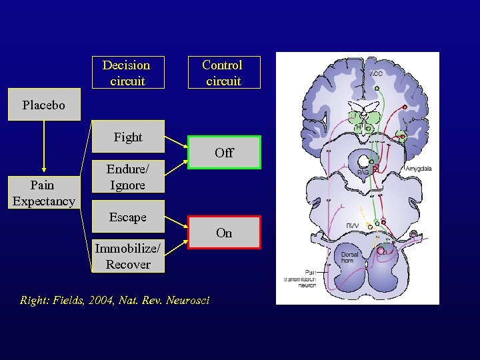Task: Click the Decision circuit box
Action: (x=127, y=73)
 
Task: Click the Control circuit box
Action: (x=223, y=73)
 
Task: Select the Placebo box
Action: (x=44, y=105)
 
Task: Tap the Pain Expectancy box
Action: (x=44, y=193)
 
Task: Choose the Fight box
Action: (x=127, y=137)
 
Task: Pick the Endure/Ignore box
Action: (x=127, y=177)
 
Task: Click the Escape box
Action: (x=127, y=217)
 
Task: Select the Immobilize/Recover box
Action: (x=127, y=256)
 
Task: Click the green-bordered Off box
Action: (x=224, y=153)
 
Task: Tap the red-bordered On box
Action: (x=224, y=233)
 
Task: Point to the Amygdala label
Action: (x=417, y=169)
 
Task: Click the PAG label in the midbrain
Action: (x=363, y=172)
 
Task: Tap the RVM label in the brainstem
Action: (x=353, y=227)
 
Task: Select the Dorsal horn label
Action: (x=350, y=257)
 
